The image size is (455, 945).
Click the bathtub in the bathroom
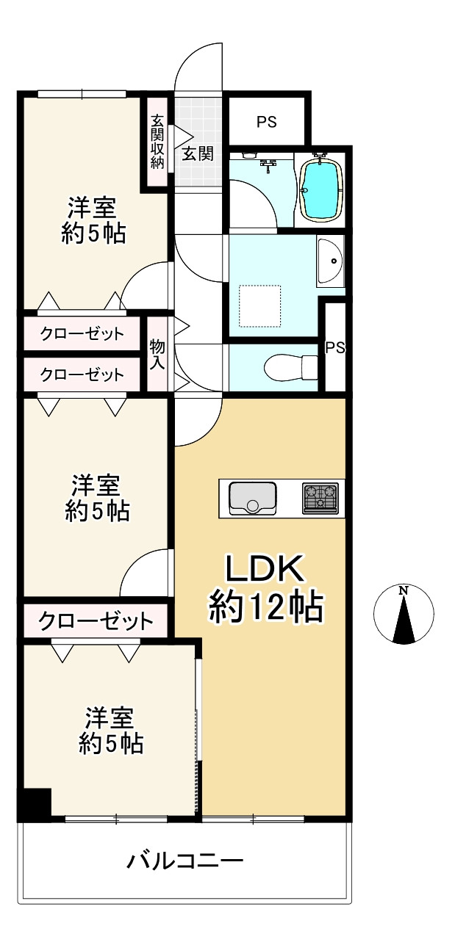pos(321,189)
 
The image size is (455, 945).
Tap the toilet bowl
pos(287,366)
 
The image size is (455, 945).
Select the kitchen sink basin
pos(252,498)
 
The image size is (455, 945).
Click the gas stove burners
pos(320,498)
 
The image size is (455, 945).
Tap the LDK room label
pos(263,569)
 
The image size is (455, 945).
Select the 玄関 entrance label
pos(198,153)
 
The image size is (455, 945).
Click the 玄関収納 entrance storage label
pos(157,142)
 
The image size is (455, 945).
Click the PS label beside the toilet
pos(335,348)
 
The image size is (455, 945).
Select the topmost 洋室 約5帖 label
pos(93,220)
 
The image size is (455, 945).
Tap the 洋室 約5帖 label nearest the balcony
pos(111,731)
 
